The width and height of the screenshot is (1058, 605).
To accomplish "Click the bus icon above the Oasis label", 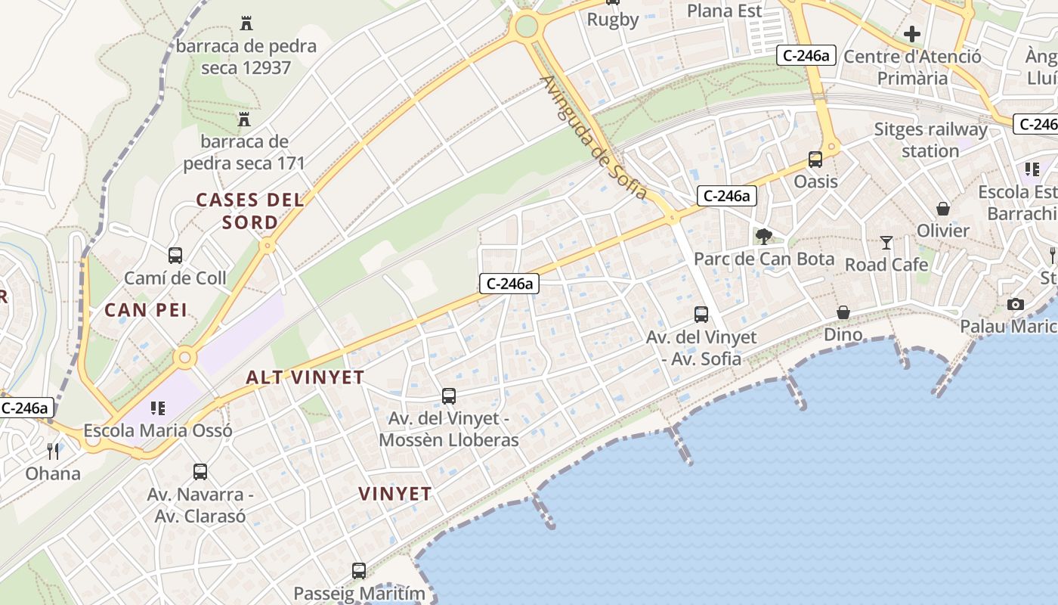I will [815, 160].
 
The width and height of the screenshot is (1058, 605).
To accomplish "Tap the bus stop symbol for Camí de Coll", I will [175, 256].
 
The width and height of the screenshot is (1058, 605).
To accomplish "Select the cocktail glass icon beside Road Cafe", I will [886, 243].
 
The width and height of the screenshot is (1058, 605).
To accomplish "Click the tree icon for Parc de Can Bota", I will [764, 237].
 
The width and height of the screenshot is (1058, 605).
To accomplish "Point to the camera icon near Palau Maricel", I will [1016, 304].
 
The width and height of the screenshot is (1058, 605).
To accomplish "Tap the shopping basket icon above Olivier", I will [943, 209].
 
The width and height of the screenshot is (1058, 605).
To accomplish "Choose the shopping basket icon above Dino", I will [843, 312].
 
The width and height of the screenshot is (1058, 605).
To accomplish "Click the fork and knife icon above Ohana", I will [53, 451].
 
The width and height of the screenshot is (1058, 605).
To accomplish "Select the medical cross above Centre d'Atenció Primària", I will [912, 34].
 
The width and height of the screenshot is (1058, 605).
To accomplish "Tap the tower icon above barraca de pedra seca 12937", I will [246, 23].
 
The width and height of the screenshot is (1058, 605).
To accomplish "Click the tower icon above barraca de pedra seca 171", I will [244, 119].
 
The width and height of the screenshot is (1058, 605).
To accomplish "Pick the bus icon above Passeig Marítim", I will [359, 571].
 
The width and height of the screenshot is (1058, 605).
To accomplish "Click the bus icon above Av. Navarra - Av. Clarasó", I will [200, 472].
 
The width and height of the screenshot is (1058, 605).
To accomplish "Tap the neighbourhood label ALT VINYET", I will [305, 377].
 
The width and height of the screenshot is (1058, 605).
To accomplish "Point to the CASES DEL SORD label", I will [250, 211].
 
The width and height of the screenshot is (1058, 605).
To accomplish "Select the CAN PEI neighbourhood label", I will [146, 309].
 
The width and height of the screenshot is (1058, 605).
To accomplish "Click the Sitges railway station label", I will [930, 140].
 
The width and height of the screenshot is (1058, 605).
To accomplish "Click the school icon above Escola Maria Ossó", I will [158, 409].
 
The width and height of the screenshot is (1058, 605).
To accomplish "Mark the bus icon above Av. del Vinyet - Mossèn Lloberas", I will [449, 396].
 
